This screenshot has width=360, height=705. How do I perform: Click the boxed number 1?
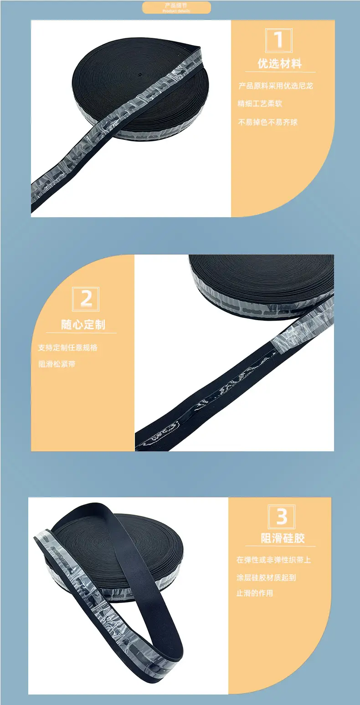pyautogui.click(x=279, y=40)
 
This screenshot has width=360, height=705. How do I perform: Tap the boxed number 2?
pyautogui.click(x=86, y=299)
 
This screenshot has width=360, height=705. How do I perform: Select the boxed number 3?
pyautogui.click(x=282, y=516)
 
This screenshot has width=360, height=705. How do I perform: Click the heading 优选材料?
pyautogui.click(x=280, y=64)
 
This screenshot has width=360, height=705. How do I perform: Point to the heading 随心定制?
pyautogui.click(x=83, y=324)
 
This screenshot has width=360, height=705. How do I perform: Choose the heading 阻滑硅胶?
pyautogui.click(x=283, y=538)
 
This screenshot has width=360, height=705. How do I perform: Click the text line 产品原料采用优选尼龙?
pyautogui.click(x=276, y=86)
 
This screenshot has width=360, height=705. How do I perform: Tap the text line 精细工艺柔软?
pyautogui.click(x=260, y=103)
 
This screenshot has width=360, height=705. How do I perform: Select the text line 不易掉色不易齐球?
pyautogui.click(x=267, y=122)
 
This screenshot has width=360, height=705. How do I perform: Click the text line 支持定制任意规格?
pyautogui.click(x=68, y=347)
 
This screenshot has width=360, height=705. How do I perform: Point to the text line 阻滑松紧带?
pyautogui.click(x=57, y=364)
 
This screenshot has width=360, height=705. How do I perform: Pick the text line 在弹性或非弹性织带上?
pyautogui.click(x=274, y=560)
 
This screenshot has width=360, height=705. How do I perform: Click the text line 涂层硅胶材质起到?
pyautogui.click(x=266, y=577)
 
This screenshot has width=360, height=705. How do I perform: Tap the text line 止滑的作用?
pyautogui.click(x=254, y=593)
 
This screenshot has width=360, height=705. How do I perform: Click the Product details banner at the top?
pyautogui.click(x=176, y=8)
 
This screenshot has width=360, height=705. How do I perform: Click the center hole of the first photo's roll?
pyautogui.click(x=139, y=75)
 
